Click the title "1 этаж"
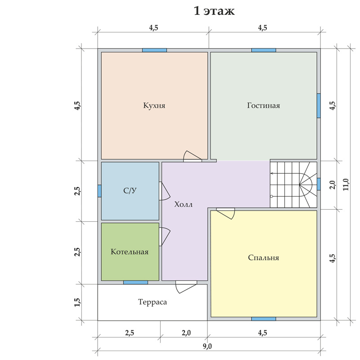click(214, 11)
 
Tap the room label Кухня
click(154, 105)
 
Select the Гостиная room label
click(264, 105)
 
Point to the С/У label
click(130, 190)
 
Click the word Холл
click(183, 204)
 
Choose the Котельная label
click(130, 252)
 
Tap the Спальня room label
click(264, 257)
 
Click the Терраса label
click(153, 302)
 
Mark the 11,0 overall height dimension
click(346, 184)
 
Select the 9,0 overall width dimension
click(207, 346)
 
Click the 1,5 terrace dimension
click(77, 302)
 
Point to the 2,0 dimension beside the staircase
click(332, 185)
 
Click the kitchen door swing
click(193, 157)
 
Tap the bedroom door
click(225, 213)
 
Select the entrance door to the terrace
click(186, 287)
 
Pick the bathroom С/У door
click(164, 191)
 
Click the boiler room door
click(164, 237)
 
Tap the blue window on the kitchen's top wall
click(154, 50)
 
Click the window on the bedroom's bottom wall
click(264, 319)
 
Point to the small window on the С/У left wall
click(99, 191)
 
